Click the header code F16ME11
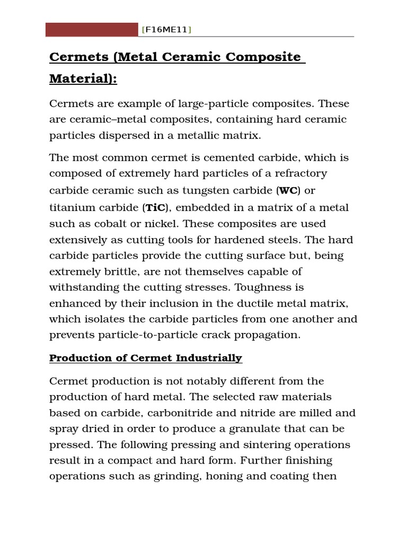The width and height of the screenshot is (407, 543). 166,30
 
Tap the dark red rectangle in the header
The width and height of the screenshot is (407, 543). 92,30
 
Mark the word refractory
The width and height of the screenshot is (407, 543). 300,173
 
